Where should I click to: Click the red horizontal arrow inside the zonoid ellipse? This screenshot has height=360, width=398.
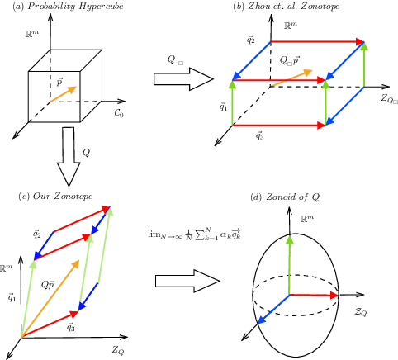click(314, 292)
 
